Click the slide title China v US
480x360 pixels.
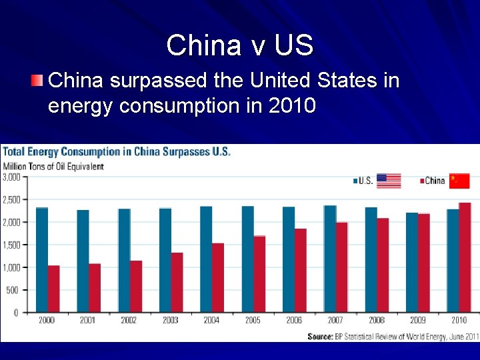239,45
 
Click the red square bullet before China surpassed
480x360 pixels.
37,81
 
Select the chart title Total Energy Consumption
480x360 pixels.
117,151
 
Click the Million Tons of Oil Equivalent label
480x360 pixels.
54,166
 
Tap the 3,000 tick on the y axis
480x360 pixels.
11,177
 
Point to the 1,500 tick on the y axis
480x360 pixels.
11,245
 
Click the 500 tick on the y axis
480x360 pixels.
12,290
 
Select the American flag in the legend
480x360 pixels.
389,181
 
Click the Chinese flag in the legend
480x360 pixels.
459,181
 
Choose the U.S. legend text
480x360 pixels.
365,181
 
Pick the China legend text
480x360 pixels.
434,181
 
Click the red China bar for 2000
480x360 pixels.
53,289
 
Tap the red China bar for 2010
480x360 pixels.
465,257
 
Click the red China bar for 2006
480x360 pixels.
300,270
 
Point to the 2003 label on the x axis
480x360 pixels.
170,321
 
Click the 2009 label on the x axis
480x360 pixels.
418,321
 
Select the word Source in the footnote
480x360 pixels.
320,337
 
